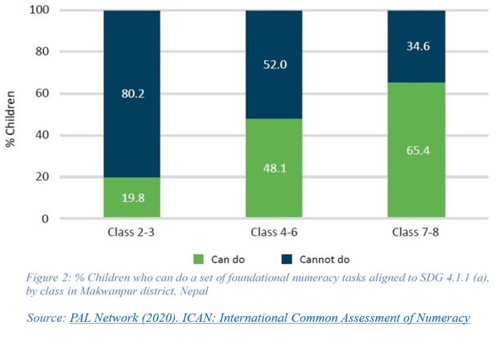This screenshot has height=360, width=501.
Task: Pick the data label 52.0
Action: click(x=274, y=65)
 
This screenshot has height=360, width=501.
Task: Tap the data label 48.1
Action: click(x=274, y=169)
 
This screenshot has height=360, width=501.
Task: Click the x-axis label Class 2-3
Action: click(x=131, y=232)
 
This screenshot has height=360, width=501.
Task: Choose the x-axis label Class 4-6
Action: click(x=274, y=232)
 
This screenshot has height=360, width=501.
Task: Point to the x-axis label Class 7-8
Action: click(x=416, y=232)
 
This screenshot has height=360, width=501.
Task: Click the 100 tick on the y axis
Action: click(x=40, y=10)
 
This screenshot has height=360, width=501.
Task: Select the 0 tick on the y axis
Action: click(x=45, y=218)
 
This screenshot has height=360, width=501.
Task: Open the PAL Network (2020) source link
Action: click(x=270, y=318)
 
